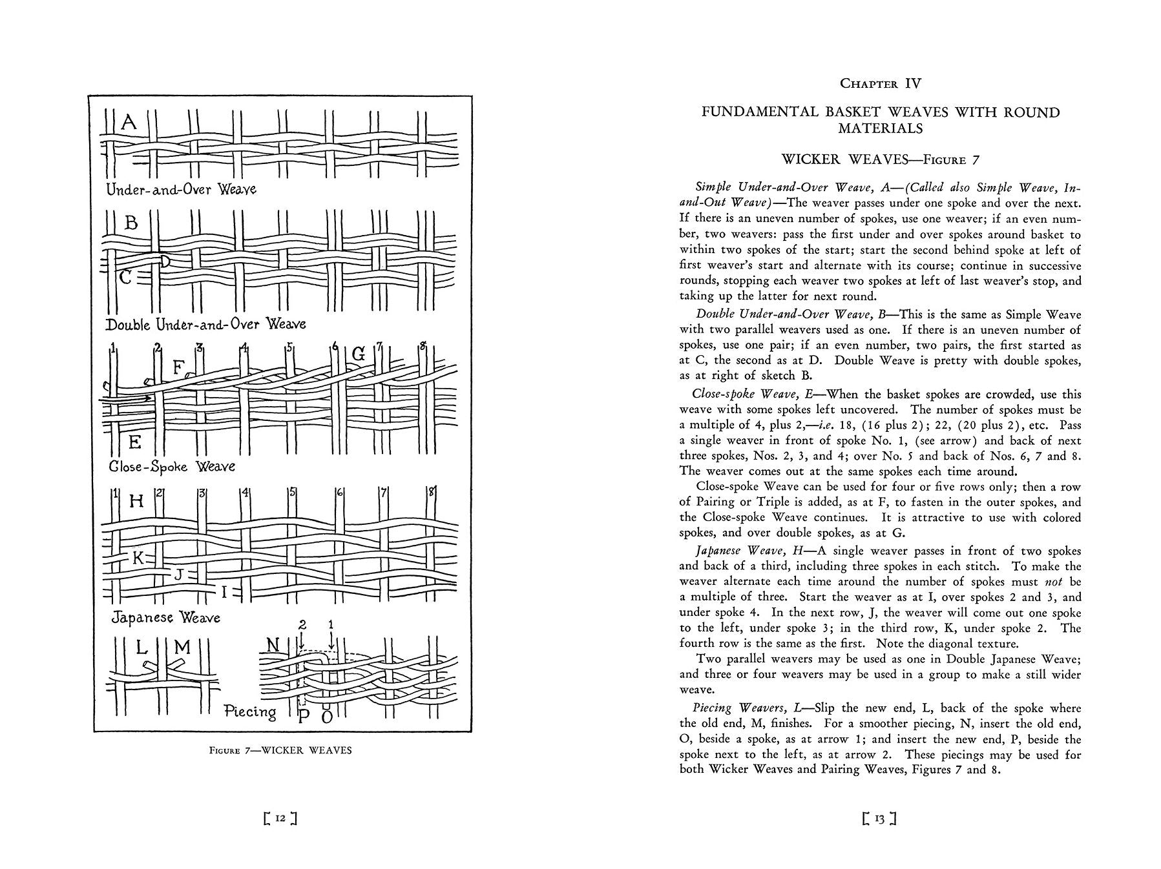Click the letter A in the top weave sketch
[129, 121]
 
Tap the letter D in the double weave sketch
[165, 261]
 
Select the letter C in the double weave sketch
[126, 278]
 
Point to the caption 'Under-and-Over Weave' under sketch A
[181, 189]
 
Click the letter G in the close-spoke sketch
[359, 354]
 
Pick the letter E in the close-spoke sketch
[134, 442]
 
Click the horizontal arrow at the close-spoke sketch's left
[126, 398]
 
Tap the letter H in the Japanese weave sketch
[136, 500]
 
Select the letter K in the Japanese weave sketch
[138, 557]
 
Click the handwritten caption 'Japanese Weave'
[165, 617]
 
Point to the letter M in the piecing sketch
[182, 646]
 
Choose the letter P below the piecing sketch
[304, 717]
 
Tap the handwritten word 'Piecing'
[250, 711]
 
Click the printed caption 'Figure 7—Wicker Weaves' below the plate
[281, 751]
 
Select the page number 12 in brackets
[280, 819]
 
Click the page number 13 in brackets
[879, 819]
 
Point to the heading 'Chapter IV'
[880, 83]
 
